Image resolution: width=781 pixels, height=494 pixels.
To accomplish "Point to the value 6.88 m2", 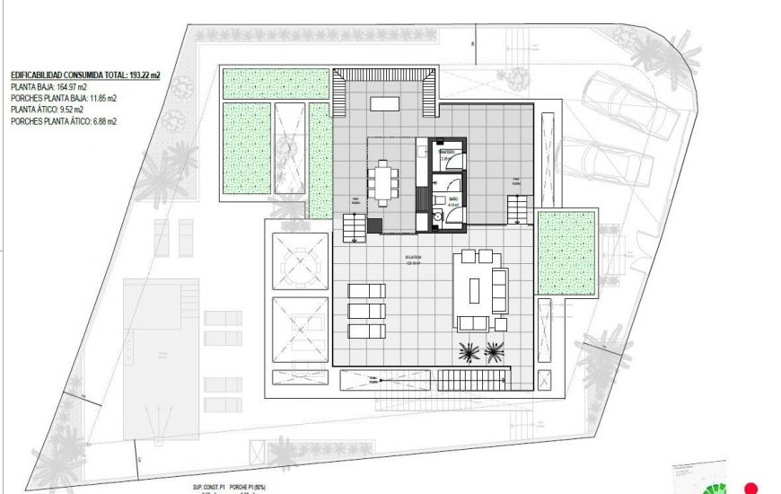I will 100,120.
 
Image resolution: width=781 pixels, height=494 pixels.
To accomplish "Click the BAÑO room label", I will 453,197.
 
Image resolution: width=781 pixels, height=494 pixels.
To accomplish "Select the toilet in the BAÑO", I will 437,216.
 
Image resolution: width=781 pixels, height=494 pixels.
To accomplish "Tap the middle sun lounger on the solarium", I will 366,311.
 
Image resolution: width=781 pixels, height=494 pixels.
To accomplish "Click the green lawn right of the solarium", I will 566,253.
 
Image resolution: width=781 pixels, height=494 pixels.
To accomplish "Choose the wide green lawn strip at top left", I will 275,84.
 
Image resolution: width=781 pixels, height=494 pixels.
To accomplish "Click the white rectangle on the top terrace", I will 386,103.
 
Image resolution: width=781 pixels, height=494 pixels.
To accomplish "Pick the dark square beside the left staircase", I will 373,225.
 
